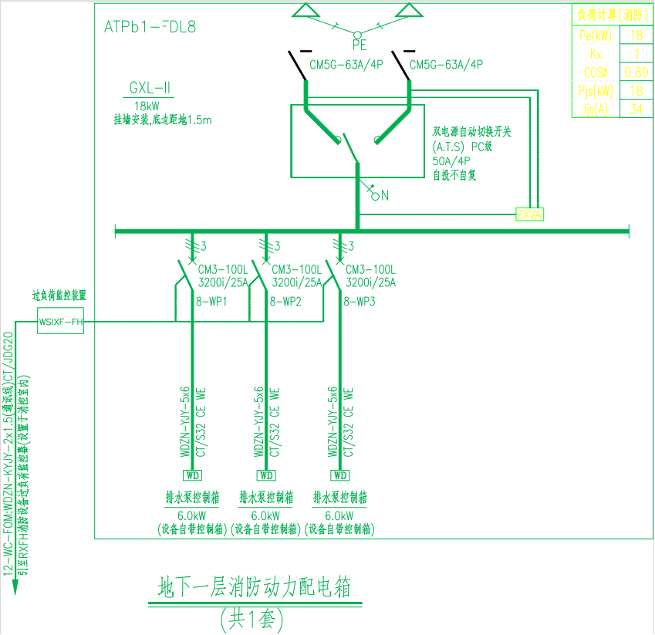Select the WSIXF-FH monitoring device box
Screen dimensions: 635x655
coord(60,321)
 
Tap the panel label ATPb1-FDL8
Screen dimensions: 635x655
coord(150,27)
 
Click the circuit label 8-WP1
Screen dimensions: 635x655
coord(212,302)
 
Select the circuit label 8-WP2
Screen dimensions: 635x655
coord(285,302)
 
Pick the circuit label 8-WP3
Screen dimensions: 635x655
coord(360,302)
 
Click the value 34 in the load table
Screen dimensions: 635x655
coord(636,109)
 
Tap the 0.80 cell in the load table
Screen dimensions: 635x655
coord(636,73)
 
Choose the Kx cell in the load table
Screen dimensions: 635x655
coord(595,54)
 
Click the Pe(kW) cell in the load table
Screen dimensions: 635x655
coord(595,35)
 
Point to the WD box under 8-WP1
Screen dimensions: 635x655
coord(192,475)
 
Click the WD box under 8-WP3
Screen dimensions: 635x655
coord(340,475)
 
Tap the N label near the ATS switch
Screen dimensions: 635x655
coord(385,196)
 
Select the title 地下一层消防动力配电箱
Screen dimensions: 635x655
coord(254,588)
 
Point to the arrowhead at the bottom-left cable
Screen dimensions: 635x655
coord(15,587)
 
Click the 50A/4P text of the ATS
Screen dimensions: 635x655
coord(452,161)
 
